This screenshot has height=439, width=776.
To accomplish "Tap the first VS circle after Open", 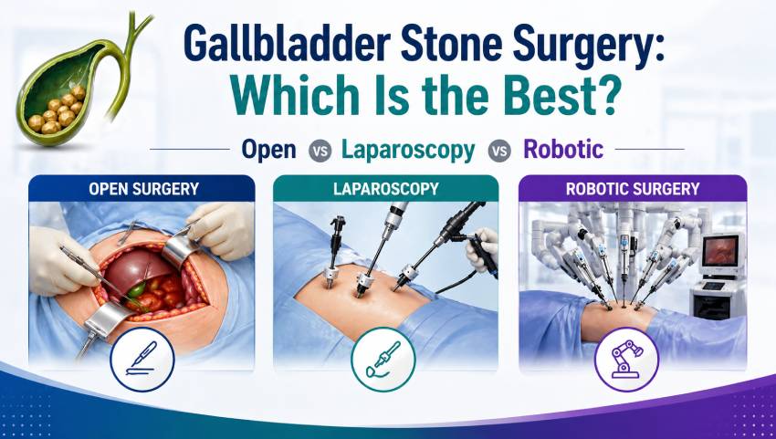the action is pyautogui.click(x=320, y=151).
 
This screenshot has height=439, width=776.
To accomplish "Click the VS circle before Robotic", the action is pyautogui.click(x=499, y=151).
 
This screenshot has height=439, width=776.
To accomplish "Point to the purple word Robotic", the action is pyautogui.click(x=563, y=150).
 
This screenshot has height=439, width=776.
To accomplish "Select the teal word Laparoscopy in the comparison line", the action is pyautogui.click(x=408, y=151).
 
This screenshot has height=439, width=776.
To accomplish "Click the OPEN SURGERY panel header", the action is pyautogui.click(x=142, y=189).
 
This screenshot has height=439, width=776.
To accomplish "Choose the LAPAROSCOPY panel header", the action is pyautogui.click(x=386, y=189).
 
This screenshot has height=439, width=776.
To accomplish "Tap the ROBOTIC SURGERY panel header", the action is pyautogui.click(x=633, y=189).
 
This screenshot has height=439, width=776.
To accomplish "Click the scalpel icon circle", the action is pyautogui.click(x=142, y=360).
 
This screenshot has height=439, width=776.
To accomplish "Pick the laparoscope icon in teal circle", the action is pyautogui.click(x=383, y=360).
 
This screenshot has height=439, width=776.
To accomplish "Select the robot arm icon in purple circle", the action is pyautogui.click(x=626, y=360).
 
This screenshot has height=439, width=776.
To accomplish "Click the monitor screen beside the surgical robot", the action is pyautogui.click(x=720, y=250).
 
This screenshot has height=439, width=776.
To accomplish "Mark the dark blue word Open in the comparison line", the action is pyautogui.click(x=268, y=151).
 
